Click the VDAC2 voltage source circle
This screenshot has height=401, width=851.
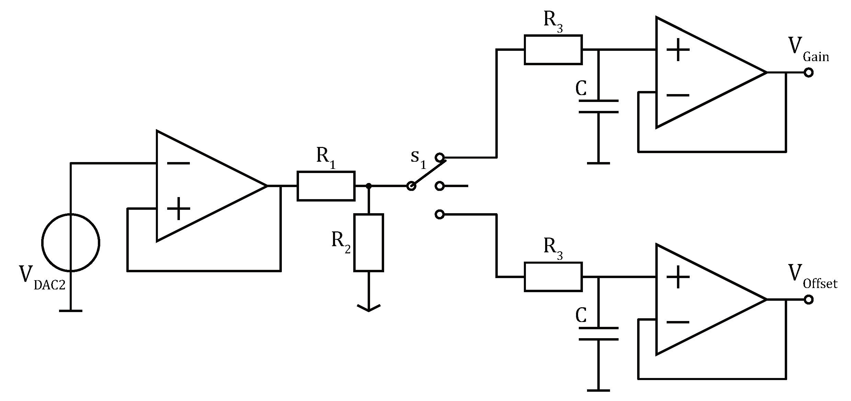click(71, 242)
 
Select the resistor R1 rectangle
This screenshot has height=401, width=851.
click(326, 186)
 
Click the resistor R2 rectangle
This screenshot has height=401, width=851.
click(368, 242)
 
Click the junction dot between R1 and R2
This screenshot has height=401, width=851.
click(368, 186)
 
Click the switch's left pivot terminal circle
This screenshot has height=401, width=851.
click(411, 186)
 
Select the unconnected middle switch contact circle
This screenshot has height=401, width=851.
click(439, 186)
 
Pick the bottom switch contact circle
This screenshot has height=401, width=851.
click(439, 214)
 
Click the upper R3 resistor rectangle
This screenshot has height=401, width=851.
click(553, 50)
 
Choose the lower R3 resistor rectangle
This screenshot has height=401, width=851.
click(553, 277)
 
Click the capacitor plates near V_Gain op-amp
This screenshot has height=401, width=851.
click(598, 106)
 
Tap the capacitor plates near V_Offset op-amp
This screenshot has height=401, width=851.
click(598, 334)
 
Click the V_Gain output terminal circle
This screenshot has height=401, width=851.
click(808, 72)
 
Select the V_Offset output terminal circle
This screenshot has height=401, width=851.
click(808, 300)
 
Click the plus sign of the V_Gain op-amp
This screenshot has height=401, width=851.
click(678, 50)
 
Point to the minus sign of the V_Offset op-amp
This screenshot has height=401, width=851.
click(678, 322)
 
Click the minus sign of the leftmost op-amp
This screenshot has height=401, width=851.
click(178, 163)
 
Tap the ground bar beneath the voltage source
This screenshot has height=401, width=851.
click(71, 311)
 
